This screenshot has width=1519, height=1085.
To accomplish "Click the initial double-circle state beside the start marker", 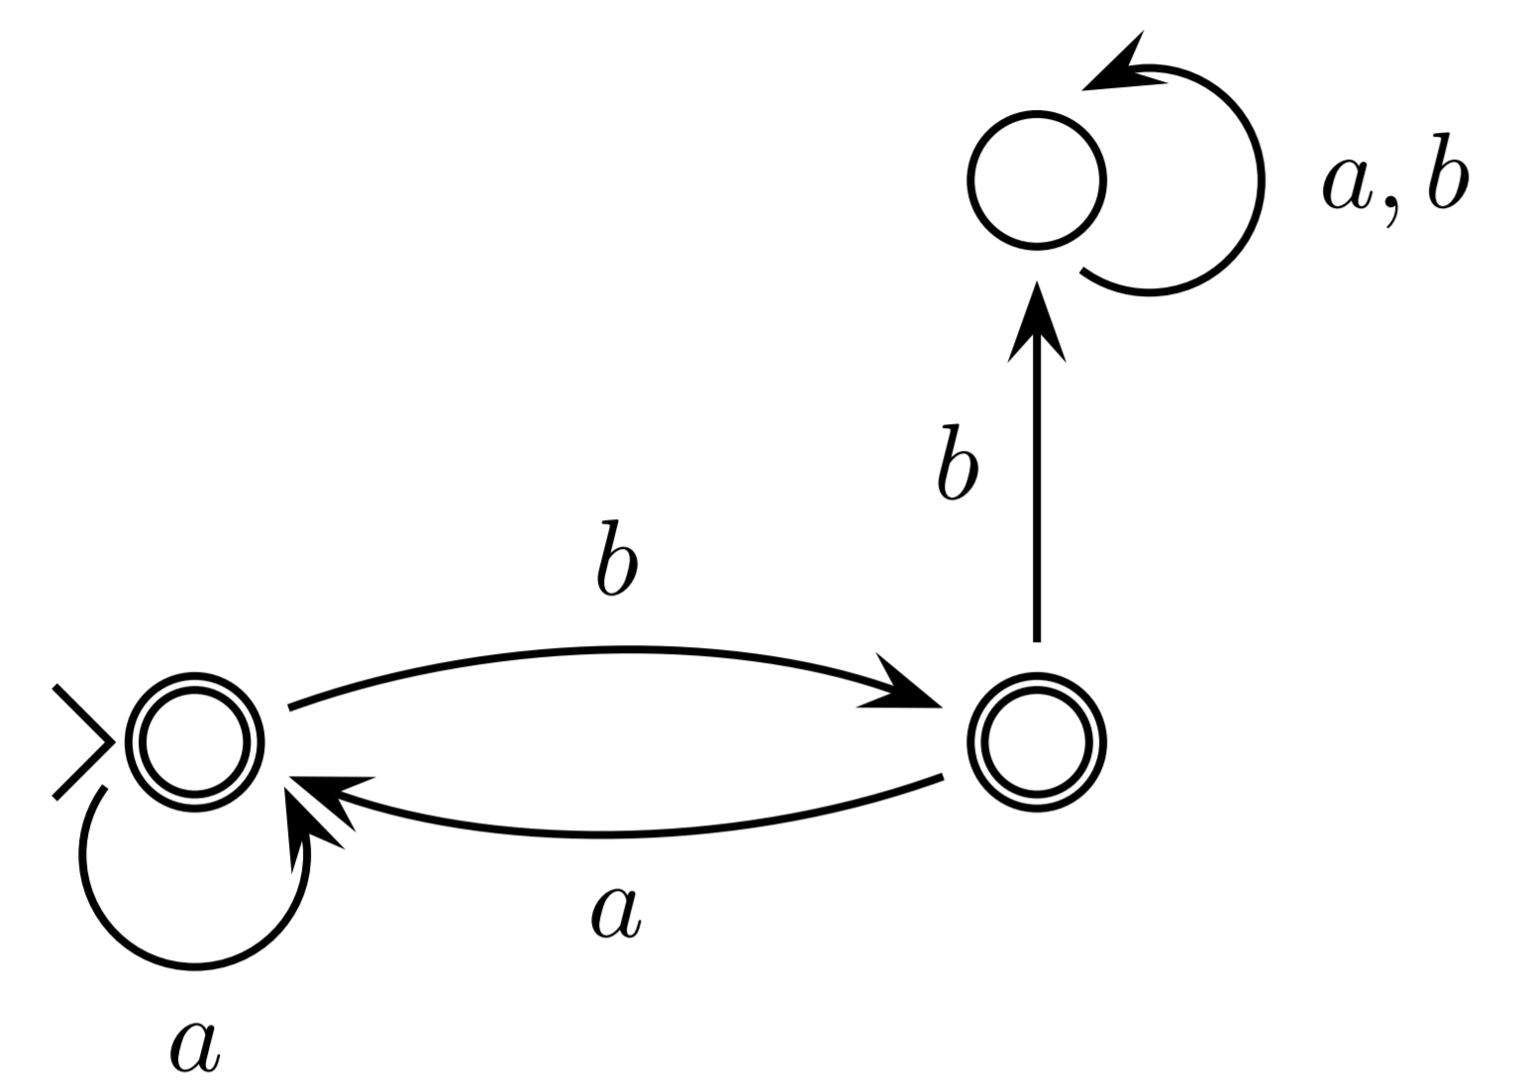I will coord(194,742).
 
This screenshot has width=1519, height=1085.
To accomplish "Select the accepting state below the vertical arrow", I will coord(1036,742).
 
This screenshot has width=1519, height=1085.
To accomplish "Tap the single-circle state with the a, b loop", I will coord(1036,180).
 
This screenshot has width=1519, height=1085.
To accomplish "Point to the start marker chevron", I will coord(83,741).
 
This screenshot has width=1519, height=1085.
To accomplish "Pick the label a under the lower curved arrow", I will coord(616,913).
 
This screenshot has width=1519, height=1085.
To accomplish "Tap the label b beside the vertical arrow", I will coord(957,463).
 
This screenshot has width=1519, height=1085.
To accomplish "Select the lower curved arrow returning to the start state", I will coord(614,833).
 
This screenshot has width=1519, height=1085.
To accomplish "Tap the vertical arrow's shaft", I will coord(1036,495).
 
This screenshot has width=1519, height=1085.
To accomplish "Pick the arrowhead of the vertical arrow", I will coord(1036,322).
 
